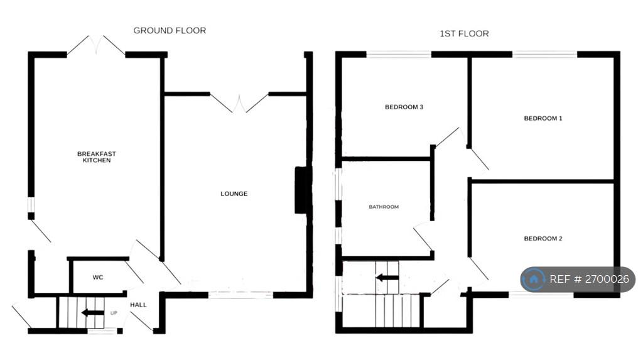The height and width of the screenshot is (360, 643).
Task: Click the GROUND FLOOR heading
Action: click(x=170, y=30)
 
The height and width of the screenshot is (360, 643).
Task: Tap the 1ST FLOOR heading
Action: click(x=464, y=34)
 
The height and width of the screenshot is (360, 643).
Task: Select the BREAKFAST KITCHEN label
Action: click(x=97, y=157)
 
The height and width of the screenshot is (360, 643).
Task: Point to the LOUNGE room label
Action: click(x=234, y=194)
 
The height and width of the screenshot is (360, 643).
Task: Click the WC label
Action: click(x=97, y=278)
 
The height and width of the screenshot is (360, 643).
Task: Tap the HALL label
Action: click(x=138, y=305)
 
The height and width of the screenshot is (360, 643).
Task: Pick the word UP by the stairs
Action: click(x=114, y=313)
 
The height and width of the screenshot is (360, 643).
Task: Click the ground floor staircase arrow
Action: click(x=93, y=313)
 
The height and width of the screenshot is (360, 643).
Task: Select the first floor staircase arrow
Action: click(x=387, y=278)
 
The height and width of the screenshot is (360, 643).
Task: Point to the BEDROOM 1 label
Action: click(x=543, y=118)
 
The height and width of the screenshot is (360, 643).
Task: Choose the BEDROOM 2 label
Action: click(x=543, y=239)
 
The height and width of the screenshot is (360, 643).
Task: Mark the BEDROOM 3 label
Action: click(x=404, y=107)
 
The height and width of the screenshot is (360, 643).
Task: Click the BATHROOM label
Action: click(x=384, y=207)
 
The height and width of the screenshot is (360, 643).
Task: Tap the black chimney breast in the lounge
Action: click(x=301, y=190)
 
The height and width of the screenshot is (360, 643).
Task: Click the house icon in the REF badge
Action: click(x=534, y=279)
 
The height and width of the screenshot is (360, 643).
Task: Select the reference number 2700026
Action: click(x=607, y=279)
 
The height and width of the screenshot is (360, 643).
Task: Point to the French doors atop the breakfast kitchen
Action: click(x=96, y=45)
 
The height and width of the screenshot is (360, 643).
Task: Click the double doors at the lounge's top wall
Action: click(x=239, y=103)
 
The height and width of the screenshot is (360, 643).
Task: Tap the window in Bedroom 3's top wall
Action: click(x=399, y=54)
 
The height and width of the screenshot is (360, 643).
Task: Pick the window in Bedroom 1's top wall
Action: click(x=544, y=54)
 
